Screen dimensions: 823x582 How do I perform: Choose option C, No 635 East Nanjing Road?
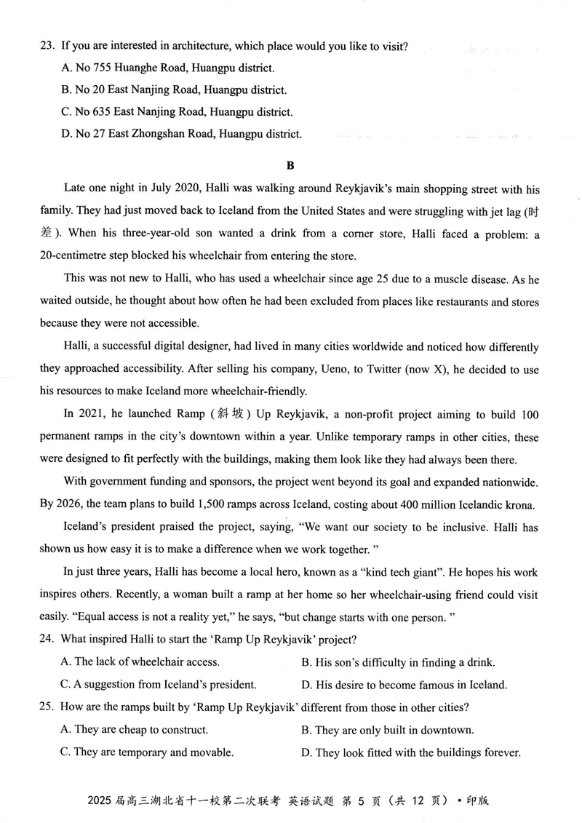(178, 112)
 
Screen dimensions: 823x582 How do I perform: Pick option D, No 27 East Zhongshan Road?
(181, 134)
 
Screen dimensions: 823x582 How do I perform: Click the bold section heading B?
(290, 164)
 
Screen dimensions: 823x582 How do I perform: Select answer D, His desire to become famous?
(404, 685)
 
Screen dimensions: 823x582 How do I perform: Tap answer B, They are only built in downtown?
(387, 730)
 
